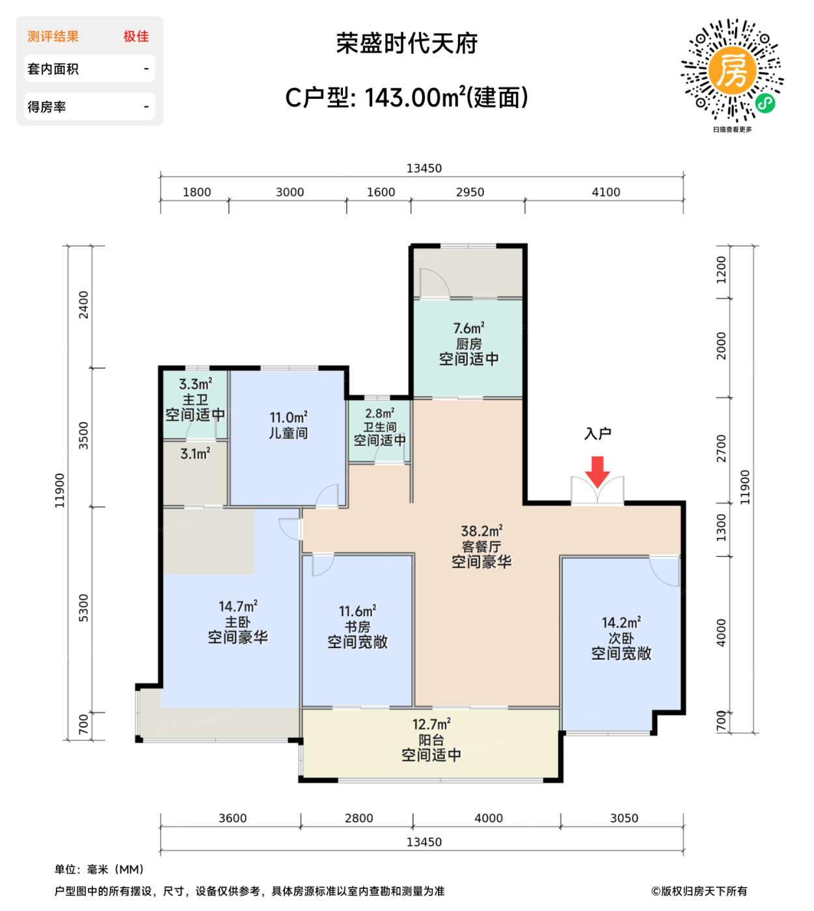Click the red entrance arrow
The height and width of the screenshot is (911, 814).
click(597, 471)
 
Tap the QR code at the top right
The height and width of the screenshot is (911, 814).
click(732, 70)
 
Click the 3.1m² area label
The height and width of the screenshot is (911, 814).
click(195, 454)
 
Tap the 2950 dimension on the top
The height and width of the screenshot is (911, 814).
click(470, 192)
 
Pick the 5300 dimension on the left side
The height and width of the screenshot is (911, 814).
click(83, 608)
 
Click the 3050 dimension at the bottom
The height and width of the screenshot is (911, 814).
click(624, 818)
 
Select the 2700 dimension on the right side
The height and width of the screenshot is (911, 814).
click(722, 448)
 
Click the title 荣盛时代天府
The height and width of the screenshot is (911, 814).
click(407, 44)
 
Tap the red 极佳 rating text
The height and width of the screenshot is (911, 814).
click(136, 36)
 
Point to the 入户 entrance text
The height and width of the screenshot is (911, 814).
click(597, 433)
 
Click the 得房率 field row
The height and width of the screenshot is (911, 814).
click(89, 107)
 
